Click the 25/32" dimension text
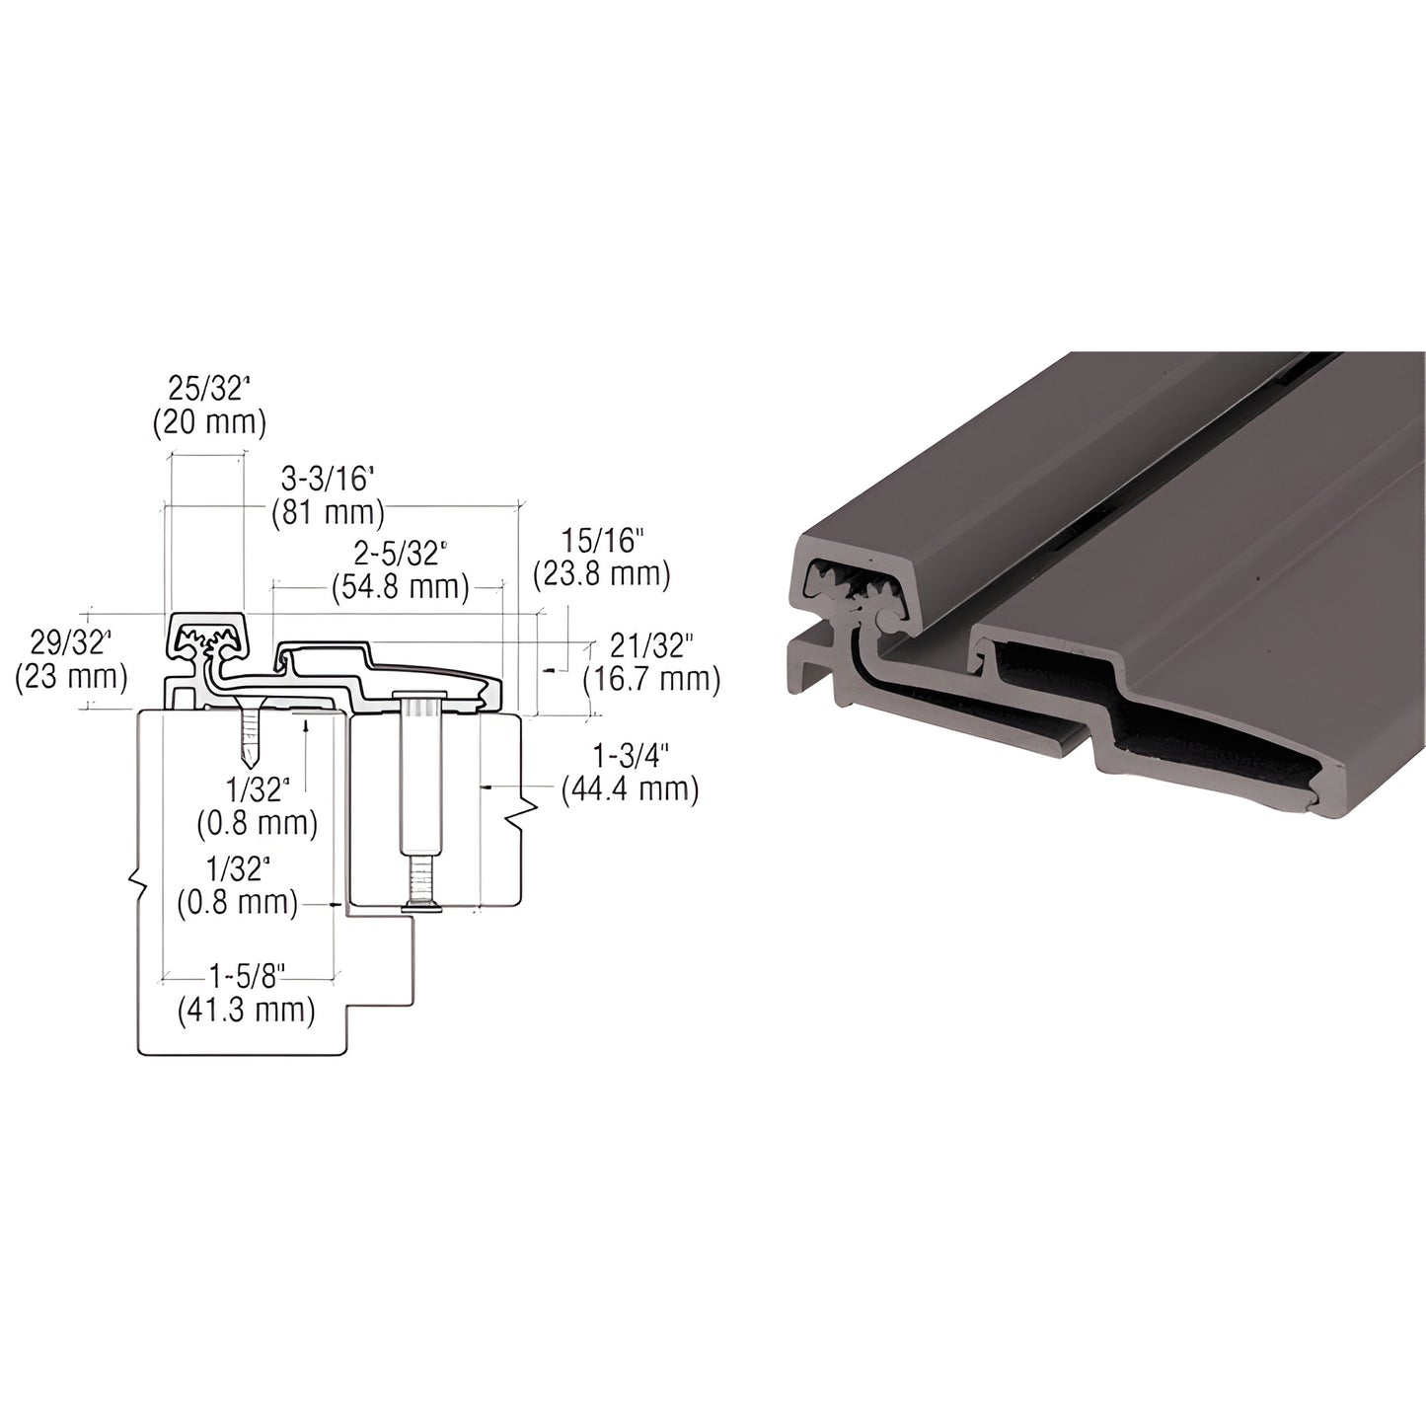[x=209, y=389]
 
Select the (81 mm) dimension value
[x=327, y=512]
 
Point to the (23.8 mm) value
[x=601, y=573]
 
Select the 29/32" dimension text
[x=71, y=643]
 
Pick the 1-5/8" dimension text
[x=246, y=977]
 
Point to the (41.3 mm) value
[x=246, y=1010]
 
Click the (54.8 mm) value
[x=400, y=586]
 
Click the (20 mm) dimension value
[x=209, y=422]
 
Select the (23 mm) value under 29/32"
[x=71, y=677]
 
